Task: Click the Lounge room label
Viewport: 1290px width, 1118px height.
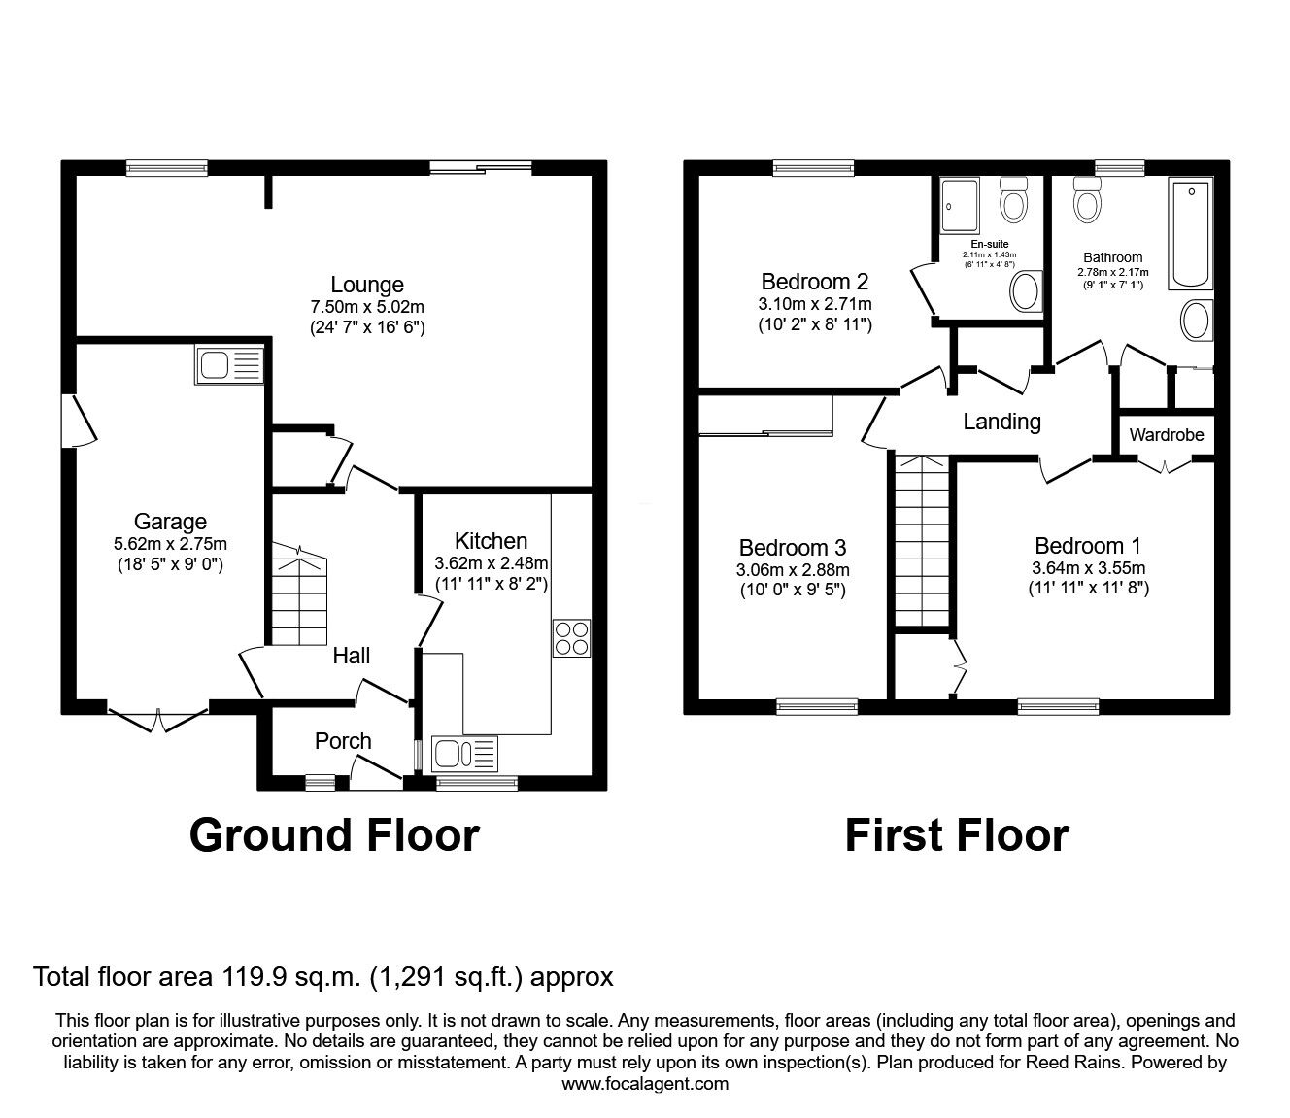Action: [367, 285]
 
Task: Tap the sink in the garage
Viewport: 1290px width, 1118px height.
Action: [229, 365]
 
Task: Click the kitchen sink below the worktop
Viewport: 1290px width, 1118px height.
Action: [464, 754]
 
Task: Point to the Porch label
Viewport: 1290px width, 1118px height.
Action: [343, 741]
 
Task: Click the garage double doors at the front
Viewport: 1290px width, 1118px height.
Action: [158, 720]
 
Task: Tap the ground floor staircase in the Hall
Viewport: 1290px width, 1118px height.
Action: [300, 595]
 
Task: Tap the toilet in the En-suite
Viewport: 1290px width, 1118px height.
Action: [1015, 200]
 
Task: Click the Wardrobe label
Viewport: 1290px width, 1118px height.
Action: [1167, 435]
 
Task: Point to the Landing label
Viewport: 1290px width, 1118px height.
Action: [1001, 422]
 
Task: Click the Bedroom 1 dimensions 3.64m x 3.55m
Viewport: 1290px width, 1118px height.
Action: [1088, 578]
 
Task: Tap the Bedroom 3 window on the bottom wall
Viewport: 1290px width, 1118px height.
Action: [816, 706]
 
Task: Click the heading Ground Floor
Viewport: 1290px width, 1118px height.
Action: [333, 835]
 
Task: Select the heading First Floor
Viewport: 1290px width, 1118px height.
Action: [956, 835]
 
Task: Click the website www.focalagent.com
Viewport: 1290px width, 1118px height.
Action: [645, 1084]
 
